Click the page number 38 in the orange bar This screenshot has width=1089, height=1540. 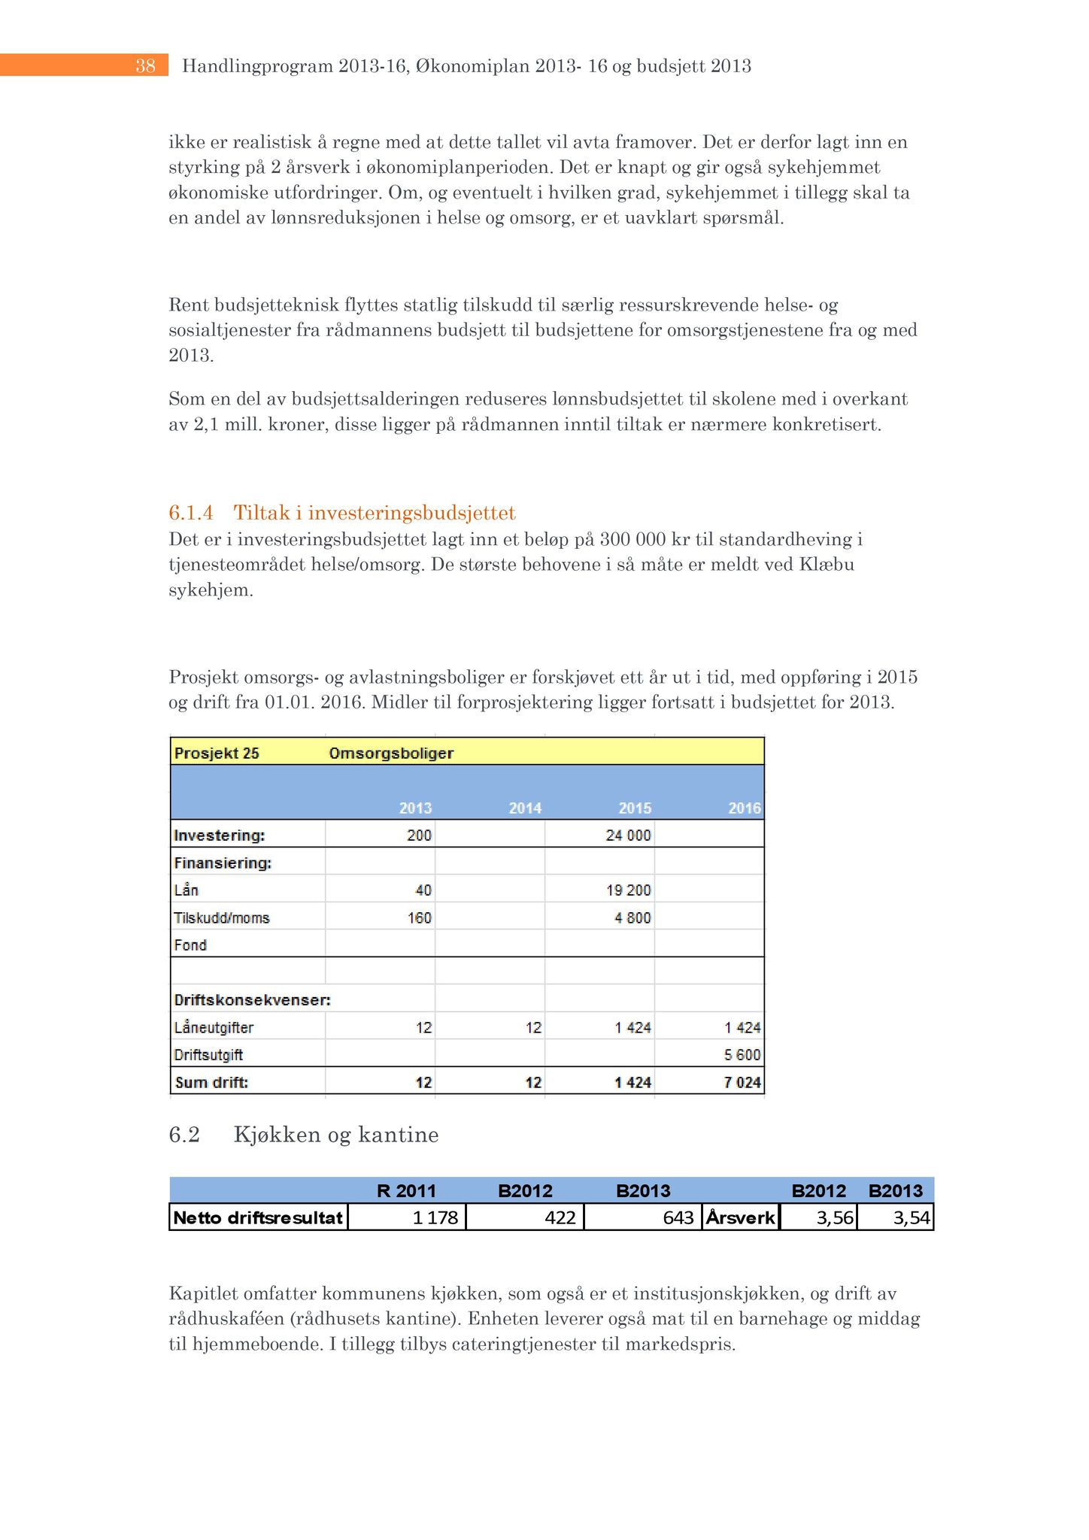[x=145, y=66]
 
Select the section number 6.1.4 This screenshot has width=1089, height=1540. [x=190, y=513]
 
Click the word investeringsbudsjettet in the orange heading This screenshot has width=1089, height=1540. [x=411, y=513]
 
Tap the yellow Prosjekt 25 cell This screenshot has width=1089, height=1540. [x=217, y=753]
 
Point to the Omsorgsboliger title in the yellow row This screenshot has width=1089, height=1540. [x=391, y=753]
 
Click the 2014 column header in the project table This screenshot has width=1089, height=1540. [x=525, y=808]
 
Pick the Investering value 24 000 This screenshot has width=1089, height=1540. [x=629, y=835]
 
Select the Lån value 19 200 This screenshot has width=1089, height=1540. [x=629, y=890]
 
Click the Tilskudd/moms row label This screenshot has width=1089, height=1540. [x=222, y=918]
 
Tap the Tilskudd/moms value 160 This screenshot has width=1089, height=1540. [x=420, y=918]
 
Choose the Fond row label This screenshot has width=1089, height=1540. [x=190, y=945]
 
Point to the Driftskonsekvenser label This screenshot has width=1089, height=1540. [x=252, y=1001]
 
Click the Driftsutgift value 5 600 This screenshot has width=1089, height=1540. [x=742, y=1055]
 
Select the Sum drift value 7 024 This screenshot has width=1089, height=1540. [x=742, y=1083]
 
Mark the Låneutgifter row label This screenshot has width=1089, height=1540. [x=214, y=1028]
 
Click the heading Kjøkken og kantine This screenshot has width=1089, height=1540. [x=336, y=1134]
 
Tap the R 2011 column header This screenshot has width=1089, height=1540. [x=406, y=1191]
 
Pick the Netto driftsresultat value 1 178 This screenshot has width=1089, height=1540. [x=435, y=1217]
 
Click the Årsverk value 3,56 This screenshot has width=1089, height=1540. [x=835, y=1217]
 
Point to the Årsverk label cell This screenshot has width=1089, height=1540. [x=741, y=1217]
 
